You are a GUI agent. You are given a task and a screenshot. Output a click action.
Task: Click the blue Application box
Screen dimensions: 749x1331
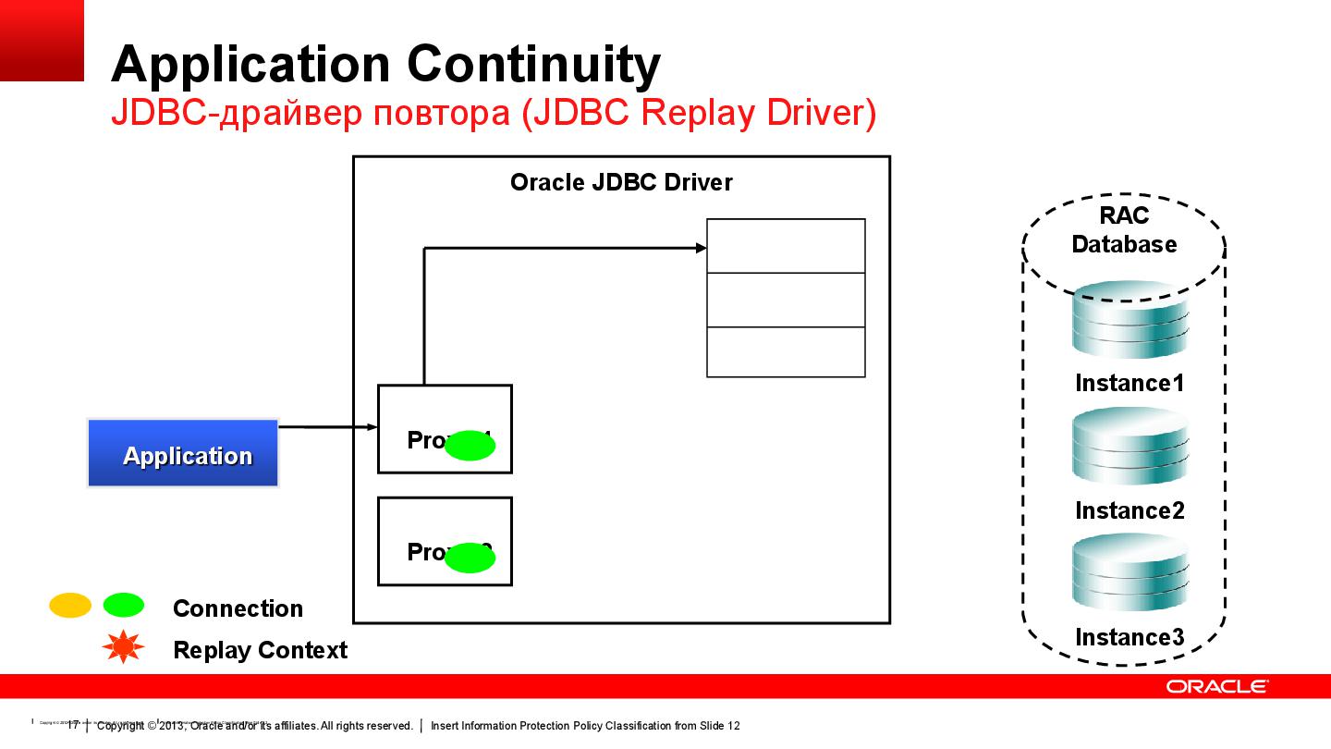coord(183,453)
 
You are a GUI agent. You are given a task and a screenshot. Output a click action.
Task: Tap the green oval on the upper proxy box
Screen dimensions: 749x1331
coord(470,446)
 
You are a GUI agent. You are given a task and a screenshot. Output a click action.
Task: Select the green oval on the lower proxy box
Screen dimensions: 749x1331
coord(470,558)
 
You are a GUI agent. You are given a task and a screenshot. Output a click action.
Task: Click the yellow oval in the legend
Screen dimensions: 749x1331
coord(70,606)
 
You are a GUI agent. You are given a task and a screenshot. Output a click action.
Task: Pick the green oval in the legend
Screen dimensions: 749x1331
coord(123,606)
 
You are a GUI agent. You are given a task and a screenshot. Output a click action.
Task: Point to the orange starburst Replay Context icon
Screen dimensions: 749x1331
coord(123,648)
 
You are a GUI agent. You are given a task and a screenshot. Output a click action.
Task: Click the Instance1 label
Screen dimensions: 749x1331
coord(1130,383)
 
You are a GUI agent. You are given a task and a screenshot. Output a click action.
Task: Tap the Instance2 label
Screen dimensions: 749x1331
coord(1130,510)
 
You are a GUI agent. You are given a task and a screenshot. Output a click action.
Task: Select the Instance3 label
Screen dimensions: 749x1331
coord(1130,637)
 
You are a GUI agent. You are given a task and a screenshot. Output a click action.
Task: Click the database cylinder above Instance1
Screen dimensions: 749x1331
coord(1130,321)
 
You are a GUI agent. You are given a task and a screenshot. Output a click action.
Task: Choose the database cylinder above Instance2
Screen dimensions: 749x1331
coord(1130,448)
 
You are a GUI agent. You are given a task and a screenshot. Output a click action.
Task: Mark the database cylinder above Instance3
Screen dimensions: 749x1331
coord(1130,574)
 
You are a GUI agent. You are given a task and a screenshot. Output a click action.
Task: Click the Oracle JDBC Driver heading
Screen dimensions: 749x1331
coord(621,182)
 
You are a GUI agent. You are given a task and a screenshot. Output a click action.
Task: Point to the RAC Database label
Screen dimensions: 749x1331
coord(1124,230)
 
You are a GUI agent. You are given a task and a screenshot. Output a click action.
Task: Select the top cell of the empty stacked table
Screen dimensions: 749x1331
coord(786,246)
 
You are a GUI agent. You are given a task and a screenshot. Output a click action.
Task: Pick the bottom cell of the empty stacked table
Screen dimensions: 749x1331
coord(786,352)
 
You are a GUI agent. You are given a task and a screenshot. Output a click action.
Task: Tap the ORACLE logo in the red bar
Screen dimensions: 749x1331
coord(1216,686)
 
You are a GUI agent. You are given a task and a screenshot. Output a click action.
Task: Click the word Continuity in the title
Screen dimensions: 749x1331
coord(533,65)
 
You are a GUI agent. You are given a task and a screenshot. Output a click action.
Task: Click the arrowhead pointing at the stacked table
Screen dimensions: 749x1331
coord(701,248)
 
